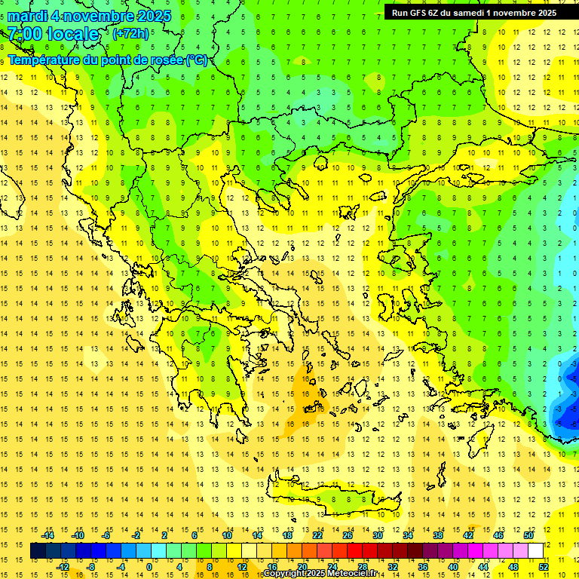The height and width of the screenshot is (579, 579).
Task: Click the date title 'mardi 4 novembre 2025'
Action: [89, 16]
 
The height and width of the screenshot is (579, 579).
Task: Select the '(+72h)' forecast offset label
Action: [130, 34]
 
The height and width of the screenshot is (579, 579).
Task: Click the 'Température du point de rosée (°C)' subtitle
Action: [107, 60]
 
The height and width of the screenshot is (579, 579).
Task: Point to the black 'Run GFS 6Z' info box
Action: [473, 12]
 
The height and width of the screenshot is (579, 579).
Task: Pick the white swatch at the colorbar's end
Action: [535, 551]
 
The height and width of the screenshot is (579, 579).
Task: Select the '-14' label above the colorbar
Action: [48, 535]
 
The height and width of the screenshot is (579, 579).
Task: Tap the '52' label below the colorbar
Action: [544, 567]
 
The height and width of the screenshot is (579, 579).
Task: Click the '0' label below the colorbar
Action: [149, 567]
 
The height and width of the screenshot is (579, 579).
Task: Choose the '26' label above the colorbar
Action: [348, 535]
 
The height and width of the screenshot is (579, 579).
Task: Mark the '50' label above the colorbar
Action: [528, 535]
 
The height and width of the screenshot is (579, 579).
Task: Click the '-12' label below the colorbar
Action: [63, 567]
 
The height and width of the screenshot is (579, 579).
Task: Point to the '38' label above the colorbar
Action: [438, 535]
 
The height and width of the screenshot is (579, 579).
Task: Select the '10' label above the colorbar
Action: [227, 535]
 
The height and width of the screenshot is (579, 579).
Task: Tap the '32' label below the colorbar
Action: [393, 567]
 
